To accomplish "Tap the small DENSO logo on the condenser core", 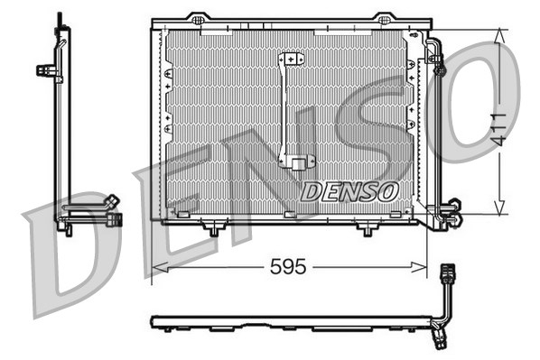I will [349, 191].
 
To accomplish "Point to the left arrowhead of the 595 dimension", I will [156, 267].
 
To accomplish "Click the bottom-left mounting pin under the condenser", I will [213, 231].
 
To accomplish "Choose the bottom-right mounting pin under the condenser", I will [366, 231].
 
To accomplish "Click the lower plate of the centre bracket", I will [296, 163].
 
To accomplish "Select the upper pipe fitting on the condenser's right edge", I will [440, 65].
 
